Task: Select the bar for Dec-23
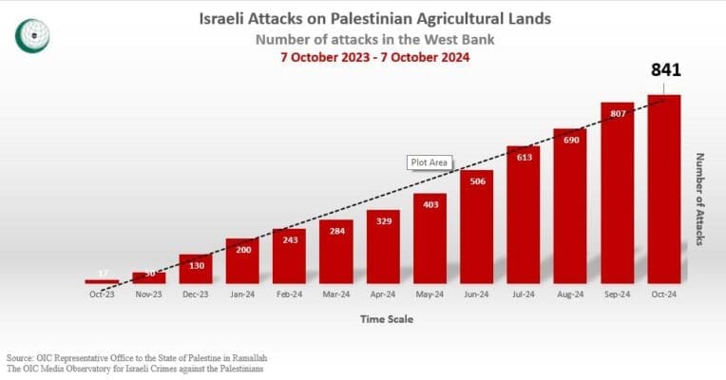pos(195,269)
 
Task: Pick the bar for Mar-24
pos(335,252)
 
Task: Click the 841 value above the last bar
pos(664,70)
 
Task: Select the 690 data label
pos(570,140)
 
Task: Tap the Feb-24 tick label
pos(289,294)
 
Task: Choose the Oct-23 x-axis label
pos(102,294)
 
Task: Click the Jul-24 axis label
pos(524,294)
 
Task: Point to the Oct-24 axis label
pos(664,294)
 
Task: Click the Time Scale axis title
pos(386,319)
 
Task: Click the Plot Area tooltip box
pos(430,162)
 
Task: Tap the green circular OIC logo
pos(33,36)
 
